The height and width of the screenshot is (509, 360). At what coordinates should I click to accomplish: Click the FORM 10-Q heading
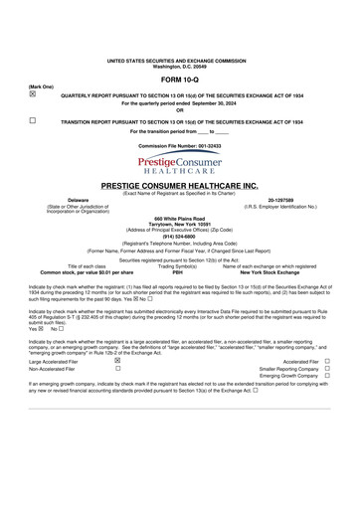[180, 78]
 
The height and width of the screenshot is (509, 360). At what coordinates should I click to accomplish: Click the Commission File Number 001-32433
[180, 145]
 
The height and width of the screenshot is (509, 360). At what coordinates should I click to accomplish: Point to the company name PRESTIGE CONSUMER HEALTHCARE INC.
[180, 185]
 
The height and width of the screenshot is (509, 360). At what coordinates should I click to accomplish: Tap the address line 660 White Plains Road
[180, 218]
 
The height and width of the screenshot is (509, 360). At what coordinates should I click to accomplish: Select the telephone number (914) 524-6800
[180, 235]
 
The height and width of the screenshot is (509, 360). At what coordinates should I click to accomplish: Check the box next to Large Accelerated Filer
[117, 361]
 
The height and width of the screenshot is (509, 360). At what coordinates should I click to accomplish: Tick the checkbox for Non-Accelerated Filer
[117, 369]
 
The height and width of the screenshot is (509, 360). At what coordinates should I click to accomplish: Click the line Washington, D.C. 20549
[180, 66]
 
